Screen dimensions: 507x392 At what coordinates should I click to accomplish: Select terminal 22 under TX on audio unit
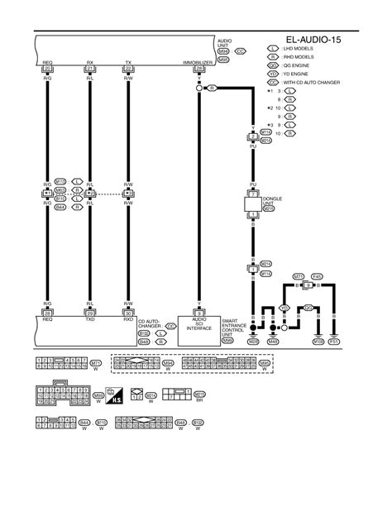[x=128, y=67]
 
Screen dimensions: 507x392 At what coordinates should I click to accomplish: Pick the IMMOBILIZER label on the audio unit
[x=199, y=61]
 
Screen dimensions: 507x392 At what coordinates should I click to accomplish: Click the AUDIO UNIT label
[x=223, y=42]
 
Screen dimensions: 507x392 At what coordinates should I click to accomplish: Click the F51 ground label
[x=333, y=340]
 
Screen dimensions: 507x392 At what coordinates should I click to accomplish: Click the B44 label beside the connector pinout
[x=84, y=422]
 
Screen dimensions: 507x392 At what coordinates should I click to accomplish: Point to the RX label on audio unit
[x=88, y=61]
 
